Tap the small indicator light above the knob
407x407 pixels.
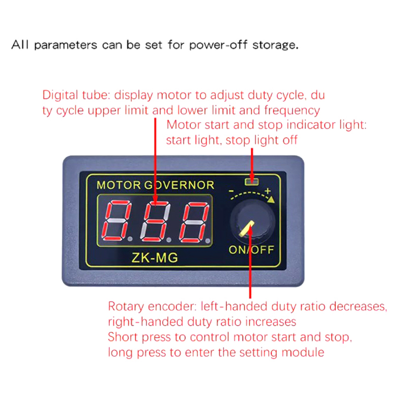(251, 181)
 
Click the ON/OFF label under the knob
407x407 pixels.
(251, 249)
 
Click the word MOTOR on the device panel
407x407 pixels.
(118, 185)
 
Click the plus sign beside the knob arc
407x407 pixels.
(268, 191)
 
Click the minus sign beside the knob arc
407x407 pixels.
(231, 192)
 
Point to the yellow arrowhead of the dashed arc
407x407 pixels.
(271, 199)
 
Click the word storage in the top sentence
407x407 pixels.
(272, 45)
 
